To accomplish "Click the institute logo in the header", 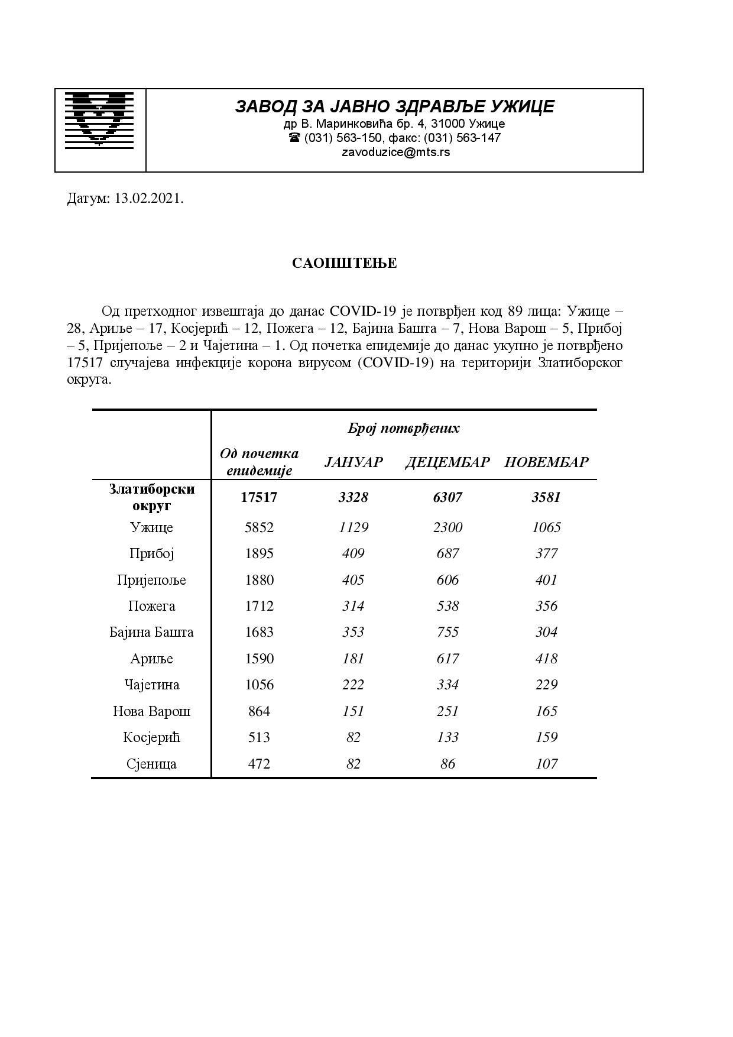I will point(99,119).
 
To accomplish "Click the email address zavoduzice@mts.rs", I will point(395,152).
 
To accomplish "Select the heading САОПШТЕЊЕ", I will point(344,263).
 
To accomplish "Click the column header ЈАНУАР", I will point(353,462).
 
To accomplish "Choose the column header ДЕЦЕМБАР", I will point(447,462).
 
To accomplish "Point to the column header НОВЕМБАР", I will point(546,462).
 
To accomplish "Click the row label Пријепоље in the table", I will point(151,580).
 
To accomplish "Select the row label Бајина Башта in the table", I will point(151,632).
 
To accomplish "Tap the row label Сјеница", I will point(151,764).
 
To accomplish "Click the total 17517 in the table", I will point(259,497).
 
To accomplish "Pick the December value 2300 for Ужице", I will point(447,527).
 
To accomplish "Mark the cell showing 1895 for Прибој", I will point(259,553).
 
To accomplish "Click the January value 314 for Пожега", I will point(353,606).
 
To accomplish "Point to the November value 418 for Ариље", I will point(546,659).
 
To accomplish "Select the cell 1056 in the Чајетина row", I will point(259,685).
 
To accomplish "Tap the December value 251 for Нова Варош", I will point(447,711).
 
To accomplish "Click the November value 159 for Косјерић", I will point(546,737).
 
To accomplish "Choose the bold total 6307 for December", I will point(447,497).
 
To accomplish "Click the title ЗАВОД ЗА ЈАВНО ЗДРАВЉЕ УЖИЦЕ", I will point(395,106).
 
